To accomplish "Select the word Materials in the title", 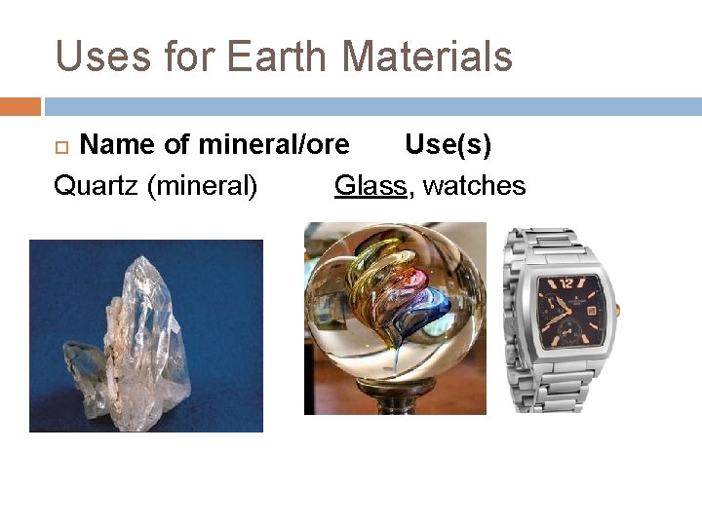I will pyautogui.click(x=427, y=56).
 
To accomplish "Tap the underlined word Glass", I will pyautogui.click(x=370, y=185).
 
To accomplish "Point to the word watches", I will pyautogui.click(x=475, y=185).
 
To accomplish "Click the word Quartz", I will pyautogui.click(x=96, y=185).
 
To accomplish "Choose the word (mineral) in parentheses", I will pyautogui.click(x=202, y=185).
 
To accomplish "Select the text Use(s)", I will pyautogui.click(x=448, y=145).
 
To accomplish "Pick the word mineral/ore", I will pyautogui.click(x=273, y=145).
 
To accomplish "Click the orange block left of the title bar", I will pyautogui.click(x=19, y=106).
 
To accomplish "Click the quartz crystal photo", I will pyautogui.click(x=146, y=336).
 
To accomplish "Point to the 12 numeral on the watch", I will pyautogui.click(x=567, y=285).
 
